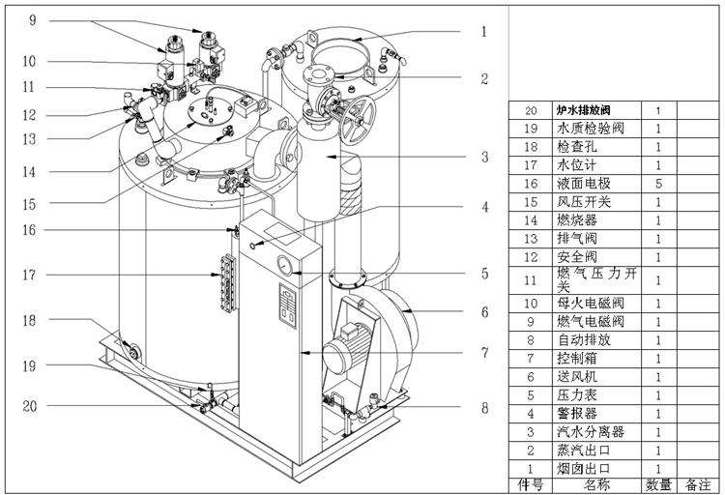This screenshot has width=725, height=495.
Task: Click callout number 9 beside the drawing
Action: pos(31,19)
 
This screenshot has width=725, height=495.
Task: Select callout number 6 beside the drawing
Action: pos(484,312)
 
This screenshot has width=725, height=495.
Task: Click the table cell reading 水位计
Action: pos(574,164)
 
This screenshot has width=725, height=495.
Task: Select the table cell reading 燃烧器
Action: pos(574,220)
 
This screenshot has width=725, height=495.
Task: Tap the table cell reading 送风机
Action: pos(574,376)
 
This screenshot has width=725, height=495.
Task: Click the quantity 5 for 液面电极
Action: pos(658,183)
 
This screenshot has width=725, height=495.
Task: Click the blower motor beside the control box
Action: pos(349,349)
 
